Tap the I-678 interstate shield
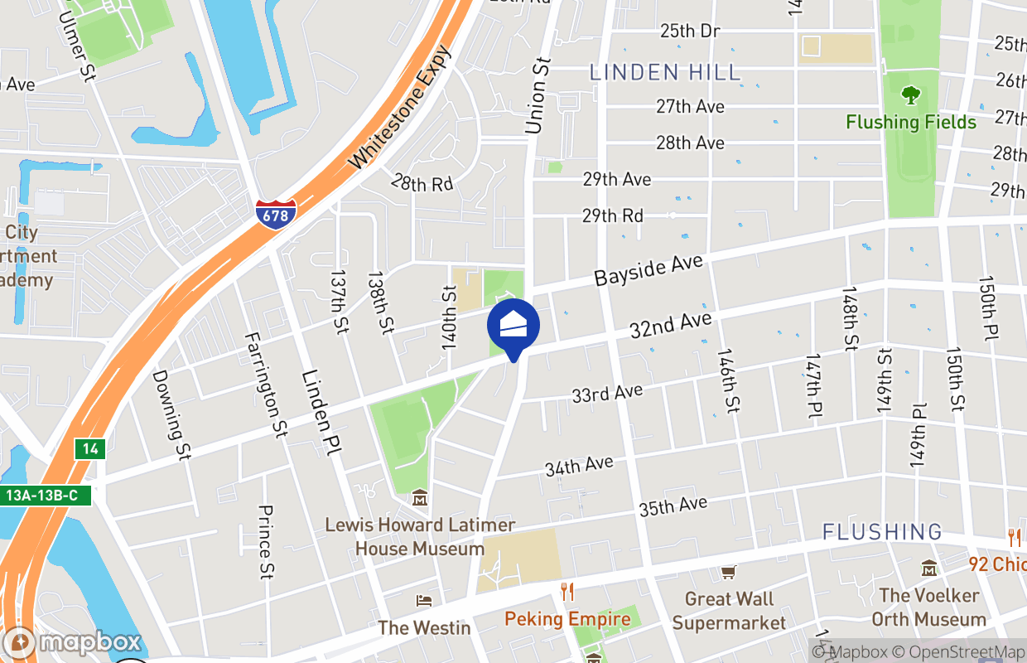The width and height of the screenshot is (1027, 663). coord(275,214)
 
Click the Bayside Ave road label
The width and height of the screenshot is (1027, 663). coord(649,271)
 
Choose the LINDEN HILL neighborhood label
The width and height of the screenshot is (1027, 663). coord(665,72)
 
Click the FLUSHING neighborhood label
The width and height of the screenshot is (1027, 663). coord(882,531)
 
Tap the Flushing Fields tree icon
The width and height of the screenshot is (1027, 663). coord(911,95)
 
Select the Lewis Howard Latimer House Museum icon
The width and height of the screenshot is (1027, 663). coord(420,500)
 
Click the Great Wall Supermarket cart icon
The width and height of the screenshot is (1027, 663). coord(729,572)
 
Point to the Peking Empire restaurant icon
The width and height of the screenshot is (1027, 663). coord(567,592)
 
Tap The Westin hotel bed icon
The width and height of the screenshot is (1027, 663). coord(424,601)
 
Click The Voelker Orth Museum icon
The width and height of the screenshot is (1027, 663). coord(929,569)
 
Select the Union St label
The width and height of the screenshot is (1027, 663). coord(538,95)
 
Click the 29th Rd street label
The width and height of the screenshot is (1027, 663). coord(612,215)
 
